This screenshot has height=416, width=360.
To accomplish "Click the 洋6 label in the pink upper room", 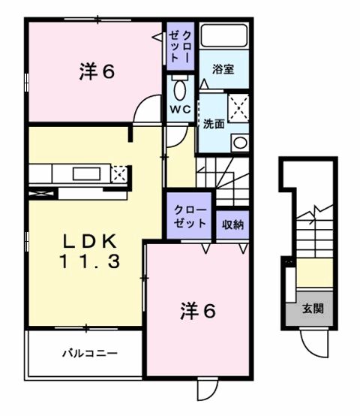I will click(97, 72).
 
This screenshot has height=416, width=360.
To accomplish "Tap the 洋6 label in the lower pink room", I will click(198, 310).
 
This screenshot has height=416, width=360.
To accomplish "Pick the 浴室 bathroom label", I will click(223, 69).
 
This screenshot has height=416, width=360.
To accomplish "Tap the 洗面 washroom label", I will click(213, 124).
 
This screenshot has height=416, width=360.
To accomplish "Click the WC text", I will click(179, 109).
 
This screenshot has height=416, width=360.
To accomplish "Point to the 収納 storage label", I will click(231, 223).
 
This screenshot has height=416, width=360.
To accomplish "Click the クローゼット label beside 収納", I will click(189, 216).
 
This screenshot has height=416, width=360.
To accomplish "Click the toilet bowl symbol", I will click(180, 88).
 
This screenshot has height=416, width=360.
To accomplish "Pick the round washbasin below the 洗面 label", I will click(239, 142).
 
